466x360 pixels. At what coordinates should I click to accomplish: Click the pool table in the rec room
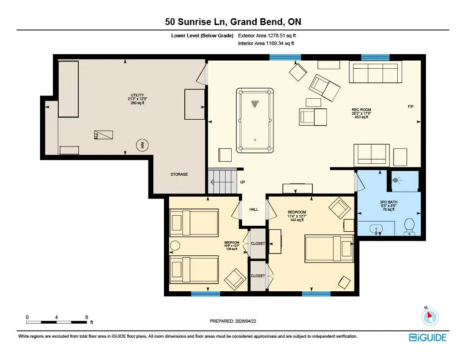[255, 120]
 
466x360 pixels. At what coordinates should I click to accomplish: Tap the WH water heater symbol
[142, 145]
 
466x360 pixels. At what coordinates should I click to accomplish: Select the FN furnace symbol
[103, 135]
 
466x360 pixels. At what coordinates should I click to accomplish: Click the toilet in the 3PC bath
[410, 227]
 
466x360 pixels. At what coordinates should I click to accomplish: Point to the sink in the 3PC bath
[376, 229]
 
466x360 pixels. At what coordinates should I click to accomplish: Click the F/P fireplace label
[410, 106]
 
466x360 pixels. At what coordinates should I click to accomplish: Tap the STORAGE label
[179, 174]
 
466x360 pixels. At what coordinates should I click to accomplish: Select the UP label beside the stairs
[243, 182]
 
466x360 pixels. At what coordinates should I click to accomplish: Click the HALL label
[253, 209]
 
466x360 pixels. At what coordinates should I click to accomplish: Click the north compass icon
[430, 317]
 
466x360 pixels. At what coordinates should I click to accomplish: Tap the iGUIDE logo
[427, 337]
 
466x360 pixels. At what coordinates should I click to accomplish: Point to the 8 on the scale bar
[86, 317]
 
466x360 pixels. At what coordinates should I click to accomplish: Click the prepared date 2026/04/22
[245, 321]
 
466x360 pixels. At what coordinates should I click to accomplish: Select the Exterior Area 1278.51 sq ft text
[267, 35]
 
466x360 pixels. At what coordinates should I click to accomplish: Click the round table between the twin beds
[175, 246]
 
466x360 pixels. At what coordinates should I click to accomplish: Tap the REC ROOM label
[361, 110]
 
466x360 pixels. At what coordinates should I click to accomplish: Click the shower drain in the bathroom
[395, 180]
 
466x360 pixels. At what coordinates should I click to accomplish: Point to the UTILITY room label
[137, 95]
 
